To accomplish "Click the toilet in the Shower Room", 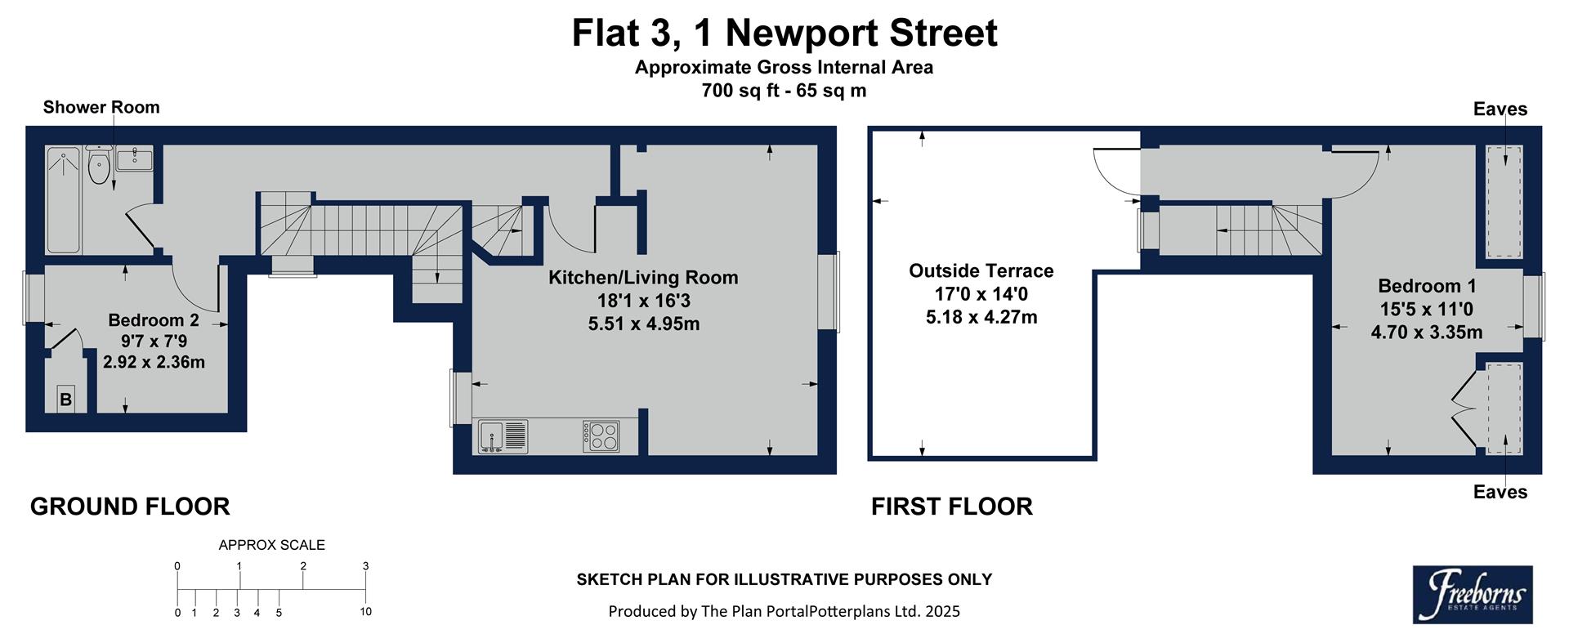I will point(99,167).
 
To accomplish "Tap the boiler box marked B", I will point(65,400).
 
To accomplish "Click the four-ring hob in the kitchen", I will point(601,435).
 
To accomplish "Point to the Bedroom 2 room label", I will point(154,320).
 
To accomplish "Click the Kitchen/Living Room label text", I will point(643,278).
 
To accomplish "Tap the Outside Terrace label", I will point(981,271).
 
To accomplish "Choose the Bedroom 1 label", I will point(1427,286).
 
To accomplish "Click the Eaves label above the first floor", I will point(1500,109).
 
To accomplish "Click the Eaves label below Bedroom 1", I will point(1500,492).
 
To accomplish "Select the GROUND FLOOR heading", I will point(130,507).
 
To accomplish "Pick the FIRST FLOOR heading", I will point(951,507).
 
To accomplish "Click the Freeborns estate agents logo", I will point(1473,594).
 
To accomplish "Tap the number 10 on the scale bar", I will point(365,612).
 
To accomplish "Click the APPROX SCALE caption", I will point(271,545).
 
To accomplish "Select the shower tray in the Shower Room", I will point(64,199).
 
